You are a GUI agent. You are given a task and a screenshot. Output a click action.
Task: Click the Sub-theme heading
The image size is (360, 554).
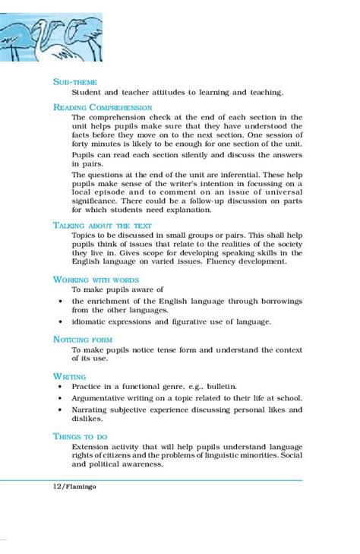tap(75, 81)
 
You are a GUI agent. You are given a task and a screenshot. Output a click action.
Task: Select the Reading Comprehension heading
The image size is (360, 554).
tap(102, 107)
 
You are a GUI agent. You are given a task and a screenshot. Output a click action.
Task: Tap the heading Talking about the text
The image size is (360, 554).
tap(103, 226)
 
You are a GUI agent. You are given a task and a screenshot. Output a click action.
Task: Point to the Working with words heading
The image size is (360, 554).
tap(96, 279)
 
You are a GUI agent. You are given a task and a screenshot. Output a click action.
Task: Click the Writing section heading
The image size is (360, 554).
tap(69, 376)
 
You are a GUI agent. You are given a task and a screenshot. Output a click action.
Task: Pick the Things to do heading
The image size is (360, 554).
tap(82, 435)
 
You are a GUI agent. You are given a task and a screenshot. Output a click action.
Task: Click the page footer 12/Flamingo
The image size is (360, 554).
tap(74, 486)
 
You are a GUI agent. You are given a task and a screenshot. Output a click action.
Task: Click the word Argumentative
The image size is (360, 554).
tap(106, 398)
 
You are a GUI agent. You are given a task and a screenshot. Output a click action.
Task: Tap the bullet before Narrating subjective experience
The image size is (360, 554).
tap(60, 410)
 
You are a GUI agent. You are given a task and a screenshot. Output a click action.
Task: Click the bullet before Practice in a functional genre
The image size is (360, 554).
tap(60, 387)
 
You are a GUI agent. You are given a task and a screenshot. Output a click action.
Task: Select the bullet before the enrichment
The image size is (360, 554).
tap(60, 301)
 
